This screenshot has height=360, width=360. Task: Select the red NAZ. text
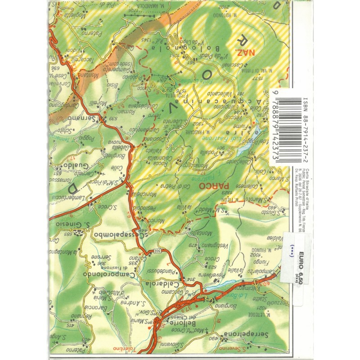pos(249,53)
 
